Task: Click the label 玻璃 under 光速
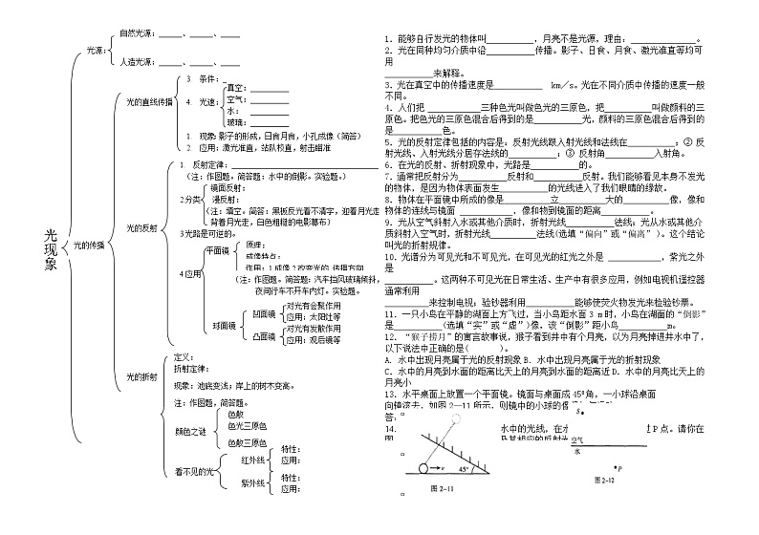click(x=236, y=122)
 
